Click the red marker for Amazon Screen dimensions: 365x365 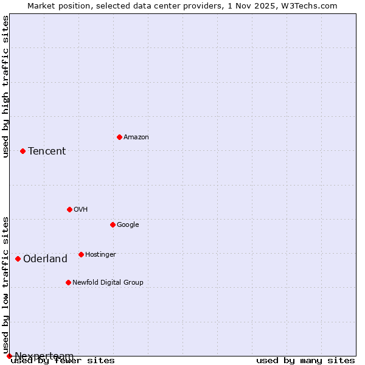[x=119, y=137]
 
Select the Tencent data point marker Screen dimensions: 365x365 [x=23, y=151]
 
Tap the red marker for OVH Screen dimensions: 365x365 [x=69, y=209]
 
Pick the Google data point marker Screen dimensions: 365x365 [x=113, y=224]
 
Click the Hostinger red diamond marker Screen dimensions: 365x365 [x=81, y=254]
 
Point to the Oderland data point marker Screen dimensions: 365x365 [x=18, y=259]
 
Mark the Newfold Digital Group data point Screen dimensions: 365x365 [x=68, y=282]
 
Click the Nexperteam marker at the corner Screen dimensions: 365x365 [x=9, y=356]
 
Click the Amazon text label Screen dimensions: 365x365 [x=136, y=137]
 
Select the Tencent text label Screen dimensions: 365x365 [x=47, y=151]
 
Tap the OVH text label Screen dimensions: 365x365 [x=81, y=210]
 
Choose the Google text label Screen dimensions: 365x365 [x=128, y=225]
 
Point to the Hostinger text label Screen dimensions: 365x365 [x=100, y=255]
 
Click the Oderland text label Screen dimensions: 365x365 [x=45, y=259]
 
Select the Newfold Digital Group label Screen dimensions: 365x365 [x=108, y=283]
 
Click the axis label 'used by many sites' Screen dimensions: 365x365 [x=305, y=361]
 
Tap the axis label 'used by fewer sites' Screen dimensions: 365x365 [x=63, y=361]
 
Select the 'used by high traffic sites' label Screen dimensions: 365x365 [x=5, y=86]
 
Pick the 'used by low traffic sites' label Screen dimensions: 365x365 [x=5, y=285]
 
